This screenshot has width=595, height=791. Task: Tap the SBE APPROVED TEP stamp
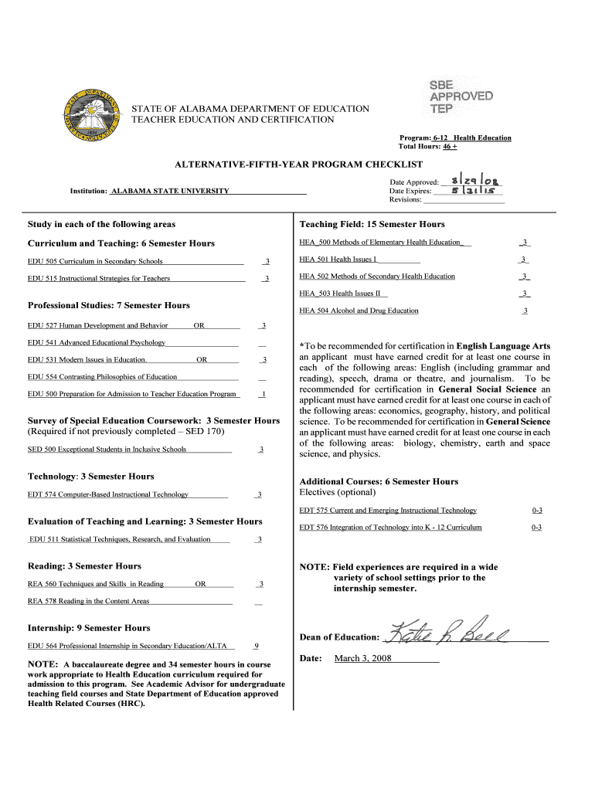coord(461,97)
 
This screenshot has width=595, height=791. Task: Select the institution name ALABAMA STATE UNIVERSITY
coord(170,191)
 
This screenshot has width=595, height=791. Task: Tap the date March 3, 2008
coord(363,659)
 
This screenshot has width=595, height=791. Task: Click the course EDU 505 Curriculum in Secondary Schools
coord(95,261)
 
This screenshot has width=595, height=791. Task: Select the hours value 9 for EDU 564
coord(256,645)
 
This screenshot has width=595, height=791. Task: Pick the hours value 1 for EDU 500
coord(263,394)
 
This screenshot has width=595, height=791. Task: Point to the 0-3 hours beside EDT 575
coord(536,511)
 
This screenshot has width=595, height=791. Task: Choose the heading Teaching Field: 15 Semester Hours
coord(372,224)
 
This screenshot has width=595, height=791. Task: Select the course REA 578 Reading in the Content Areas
coord(89,601)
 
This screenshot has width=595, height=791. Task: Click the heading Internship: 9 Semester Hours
coord(89,628)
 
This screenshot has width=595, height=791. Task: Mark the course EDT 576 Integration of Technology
coord(390,528)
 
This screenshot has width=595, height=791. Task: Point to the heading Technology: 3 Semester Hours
coord(91,477)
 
